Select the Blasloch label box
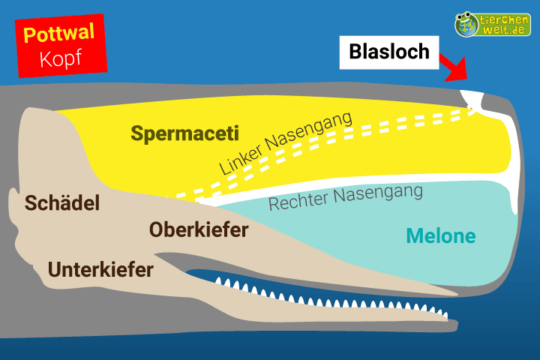(x=389, y=52)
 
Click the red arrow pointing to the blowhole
(x=453, y=68)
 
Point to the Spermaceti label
(x=184, y=134)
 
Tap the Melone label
(x=441, y=235)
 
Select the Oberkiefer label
(x=199, y=230)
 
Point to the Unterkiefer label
(x=100, y=268)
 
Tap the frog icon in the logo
(x=467, y=23)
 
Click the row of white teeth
(x=330, y=296)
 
